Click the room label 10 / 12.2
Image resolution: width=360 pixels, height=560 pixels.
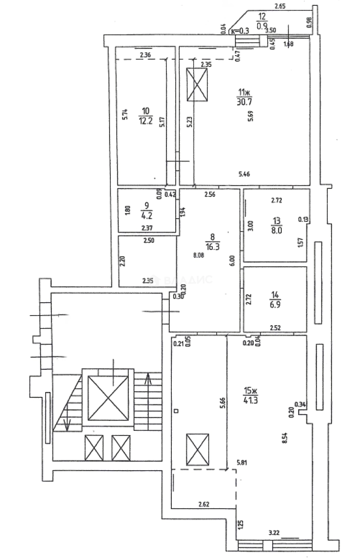pyautogui.click(x=145, y=116)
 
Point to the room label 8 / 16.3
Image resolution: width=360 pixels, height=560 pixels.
pyautogui.click(x=212, y=242)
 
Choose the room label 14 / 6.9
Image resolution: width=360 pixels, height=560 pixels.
pyautogui.click(x=275, y=300)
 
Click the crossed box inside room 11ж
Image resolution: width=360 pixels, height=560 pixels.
pyautogui.click(x=197, y=86)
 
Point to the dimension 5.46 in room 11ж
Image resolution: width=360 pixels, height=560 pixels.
pyautogui.click(x=244, y=174)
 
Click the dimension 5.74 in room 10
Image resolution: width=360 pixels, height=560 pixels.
pyautogui.click(x=124, y=115)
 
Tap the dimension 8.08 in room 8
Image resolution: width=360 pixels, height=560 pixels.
pyautogui.click(x=198, y=255)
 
